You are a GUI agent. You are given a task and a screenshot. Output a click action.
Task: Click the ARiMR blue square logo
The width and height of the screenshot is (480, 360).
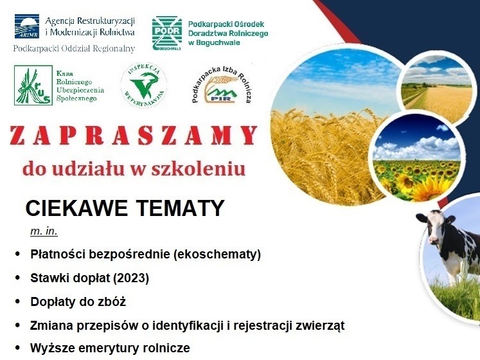point(27,26)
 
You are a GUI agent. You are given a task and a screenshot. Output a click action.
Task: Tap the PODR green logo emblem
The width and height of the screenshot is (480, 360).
point(167,33)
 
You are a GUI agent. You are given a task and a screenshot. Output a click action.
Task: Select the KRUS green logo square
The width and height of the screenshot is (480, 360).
point(33,85)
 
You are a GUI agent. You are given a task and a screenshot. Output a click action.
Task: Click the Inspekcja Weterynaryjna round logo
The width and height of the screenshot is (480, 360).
point(144,85)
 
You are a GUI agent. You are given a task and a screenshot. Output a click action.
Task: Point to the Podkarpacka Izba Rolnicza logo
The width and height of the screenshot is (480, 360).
point(222,85)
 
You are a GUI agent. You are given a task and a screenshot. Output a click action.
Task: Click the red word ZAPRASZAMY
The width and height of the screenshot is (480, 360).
point(134,135)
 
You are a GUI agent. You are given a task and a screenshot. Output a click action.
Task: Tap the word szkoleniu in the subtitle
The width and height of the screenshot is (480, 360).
point(199,168)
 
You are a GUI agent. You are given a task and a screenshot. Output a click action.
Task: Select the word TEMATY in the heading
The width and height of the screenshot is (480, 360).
point(181,208)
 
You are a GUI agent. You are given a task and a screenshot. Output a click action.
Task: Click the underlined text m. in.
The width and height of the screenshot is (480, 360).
point(44,231)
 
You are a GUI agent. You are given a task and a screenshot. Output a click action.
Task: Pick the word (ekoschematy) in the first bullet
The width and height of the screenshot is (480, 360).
point(217,255)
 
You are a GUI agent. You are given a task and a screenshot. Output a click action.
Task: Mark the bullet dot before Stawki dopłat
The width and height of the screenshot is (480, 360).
point(17,278)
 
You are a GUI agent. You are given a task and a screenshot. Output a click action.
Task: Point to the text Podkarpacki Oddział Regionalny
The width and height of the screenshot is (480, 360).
point(74,48)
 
